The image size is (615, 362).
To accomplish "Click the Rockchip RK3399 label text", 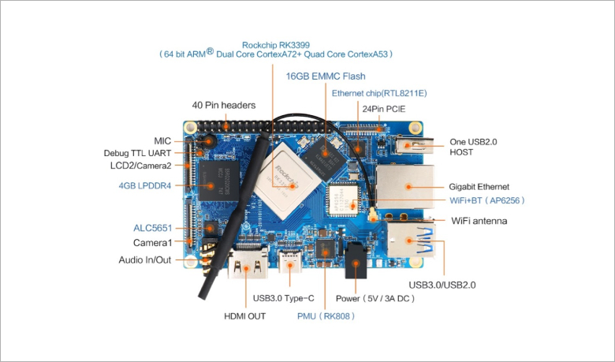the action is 276,45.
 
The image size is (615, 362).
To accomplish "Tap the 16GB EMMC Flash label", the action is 326,76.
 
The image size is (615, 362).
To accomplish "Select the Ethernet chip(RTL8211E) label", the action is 379,93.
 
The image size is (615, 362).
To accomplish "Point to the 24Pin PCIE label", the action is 384,109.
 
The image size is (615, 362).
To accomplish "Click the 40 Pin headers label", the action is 224,105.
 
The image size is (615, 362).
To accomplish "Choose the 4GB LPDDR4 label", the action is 145,185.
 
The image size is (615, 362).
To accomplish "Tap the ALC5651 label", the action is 153,228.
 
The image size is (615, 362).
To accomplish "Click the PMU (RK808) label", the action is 326,316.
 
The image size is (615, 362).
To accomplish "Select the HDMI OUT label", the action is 244,316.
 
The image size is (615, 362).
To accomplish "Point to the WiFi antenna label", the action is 479,221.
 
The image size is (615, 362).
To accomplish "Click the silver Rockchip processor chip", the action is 284,181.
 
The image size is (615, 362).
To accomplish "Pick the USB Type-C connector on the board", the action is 290,262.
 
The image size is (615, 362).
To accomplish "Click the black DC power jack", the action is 356,260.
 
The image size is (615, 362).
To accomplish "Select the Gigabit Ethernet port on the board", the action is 405,187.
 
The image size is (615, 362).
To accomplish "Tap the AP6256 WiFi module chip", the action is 343,199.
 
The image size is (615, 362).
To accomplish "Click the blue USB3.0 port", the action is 411,239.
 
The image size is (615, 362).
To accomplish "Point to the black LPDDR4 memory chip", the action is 218,181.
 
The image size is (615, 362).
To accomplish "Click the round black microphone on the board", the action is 210,141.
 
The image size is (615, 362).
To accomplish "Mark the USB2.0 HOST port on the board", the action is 415,145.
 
